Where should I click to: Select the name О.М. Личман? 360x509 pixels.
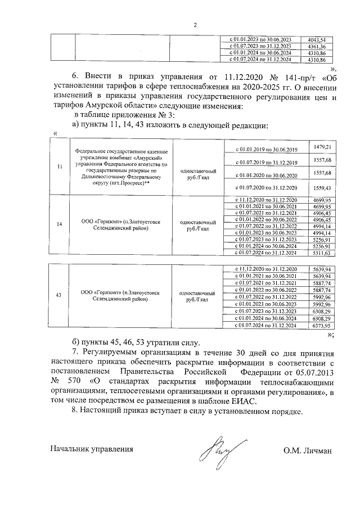(309, 449)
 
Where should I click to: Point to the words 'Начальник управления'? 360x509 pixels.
(92, 449)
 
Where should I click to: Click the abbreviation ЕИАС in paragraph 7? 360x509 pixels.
(244, 401)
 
